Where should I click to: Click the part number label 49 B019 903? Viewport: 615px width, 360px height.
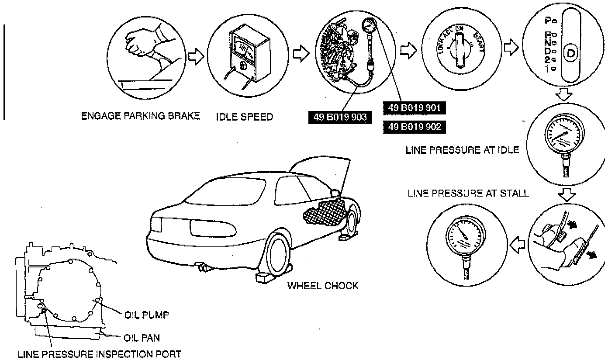coord(340,117)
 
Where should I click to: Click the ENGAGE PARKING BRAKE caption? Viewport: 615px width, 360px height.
coord(141,116)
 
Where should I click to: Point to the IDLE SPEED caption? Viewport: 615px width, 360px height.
coord(244,117)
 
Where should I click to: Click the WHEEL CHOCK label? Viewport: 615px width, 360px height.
coord(322,286)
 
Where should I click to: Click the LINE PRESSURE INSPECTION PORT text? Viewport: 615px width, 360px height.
coord(99,354)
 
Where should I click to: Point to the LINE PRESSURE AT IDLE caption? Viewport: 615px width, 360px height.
coord(462,150)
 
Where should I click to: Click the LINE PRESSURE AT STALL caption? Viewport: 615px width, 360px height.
coord(468,193)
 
